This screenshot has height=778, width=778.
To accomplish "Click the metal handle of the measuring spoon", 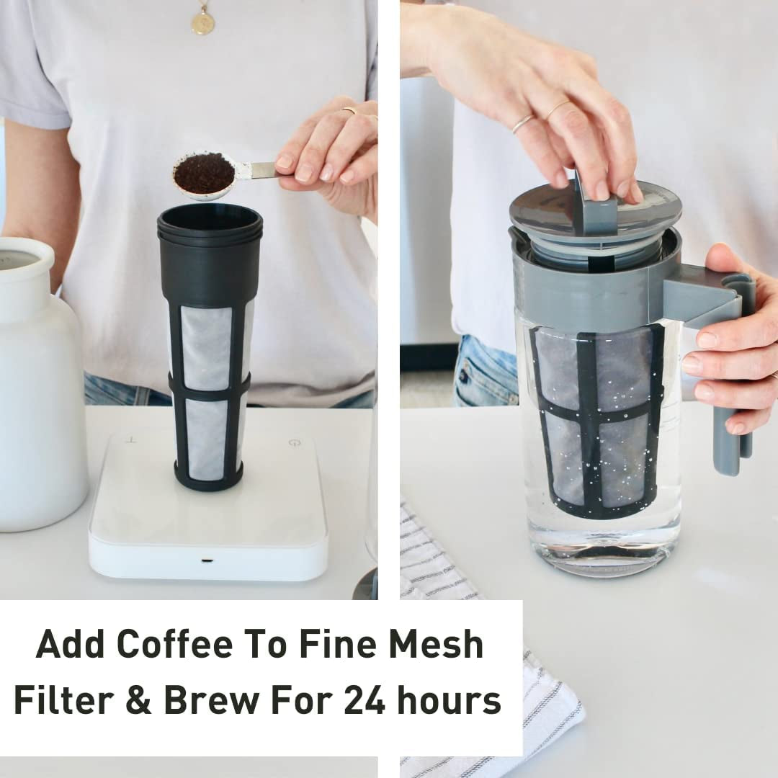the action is coord(262,170).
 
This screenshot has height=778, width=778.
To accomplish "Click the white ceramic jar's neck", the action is coord(27,280).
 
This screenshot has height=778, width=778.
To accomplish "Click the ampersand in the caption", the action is coord(139,700).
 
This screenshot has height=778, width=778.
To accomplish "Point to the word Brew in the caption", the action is coord(211,700).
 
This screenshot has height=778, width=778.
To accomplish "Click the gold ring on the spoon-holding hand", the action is coord(349,110).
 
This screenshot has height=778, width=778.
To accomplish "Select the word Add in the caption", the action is coord(70,644).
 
